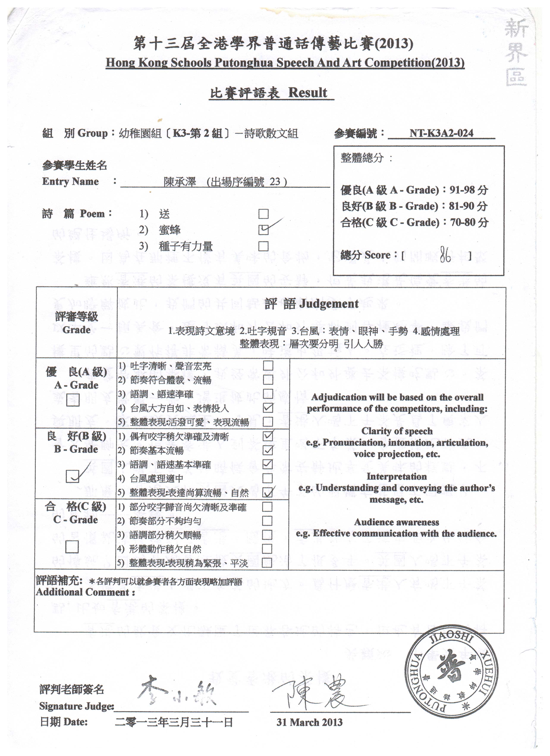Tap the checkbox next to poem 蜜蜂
[x=264, y=230]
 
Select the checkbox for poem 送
[x=264, y=214]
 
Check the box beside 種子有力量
[x=264, y=246]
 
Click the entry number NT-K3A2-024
[x=441, y=133]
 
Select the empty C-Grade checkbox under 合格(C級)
[x=72, y=547]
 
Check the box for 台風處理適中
[x=267, y=478]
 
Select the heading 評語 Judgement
[x=311, y=304]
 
